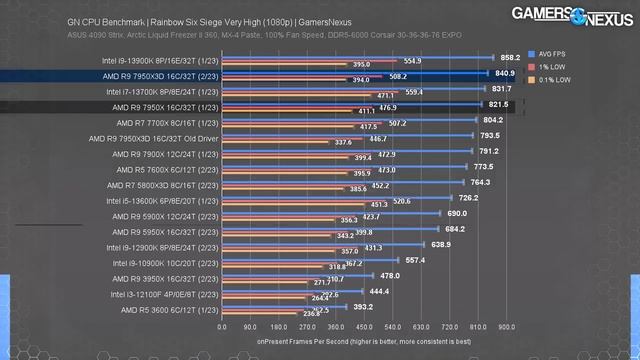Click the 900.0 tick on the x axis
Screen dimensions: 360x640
pos(506,326)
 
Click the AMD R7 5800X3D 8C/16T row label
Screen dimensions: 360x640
pos(160,183)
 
